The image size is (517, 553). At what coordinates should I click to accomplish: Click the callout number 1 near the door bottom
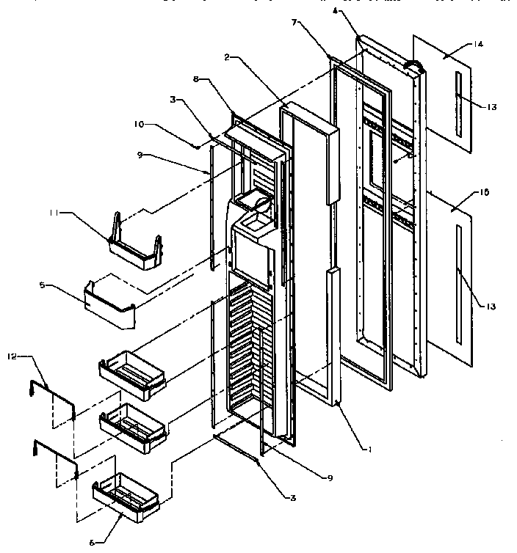click(x=370, y=450)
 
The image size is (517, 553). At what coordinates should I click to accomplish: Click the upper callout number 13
click(x=491, y=106)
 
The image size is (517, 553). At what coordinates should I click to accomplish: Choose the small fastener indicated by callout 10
click(x=198, y=145)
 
